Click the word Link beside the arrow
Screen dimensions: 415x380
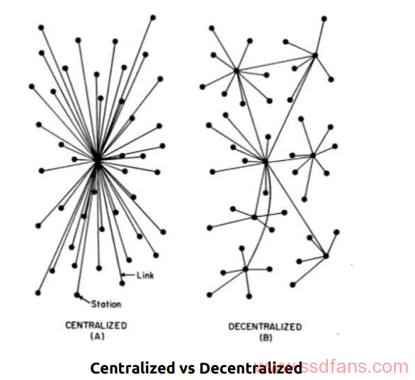145,276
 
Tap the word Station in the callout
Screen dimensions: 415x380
106,304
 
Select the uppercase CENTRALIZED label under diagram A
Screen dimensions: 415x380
96,325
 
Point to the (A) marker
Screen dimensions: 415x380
97,336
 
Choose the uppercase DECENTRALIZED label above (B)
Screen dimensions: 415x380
266,327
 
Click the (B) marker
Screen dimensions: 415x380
266,338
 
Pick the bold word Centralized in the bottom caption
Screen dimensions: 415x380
132,368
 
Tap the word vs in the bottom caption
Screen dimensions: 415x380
187,369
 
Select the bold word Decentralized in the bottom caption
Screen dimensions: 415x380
250,368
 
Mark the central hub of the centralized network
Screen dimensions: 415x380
97,160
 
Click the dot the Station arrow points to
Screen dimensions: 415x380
77,294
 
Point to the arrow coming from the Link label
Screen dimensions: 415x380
128,275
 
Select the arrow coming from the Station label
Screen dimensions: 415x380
85,300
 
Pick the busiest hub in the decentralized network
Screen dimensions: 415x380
266,162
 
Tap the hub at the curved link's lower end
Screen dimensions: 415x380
245,269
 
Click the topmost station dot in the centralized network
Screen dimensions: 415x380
153,17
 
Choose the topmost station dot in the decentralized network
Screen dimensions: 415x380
324,19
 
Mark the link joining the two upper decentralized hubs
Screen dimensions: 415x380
276,63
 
